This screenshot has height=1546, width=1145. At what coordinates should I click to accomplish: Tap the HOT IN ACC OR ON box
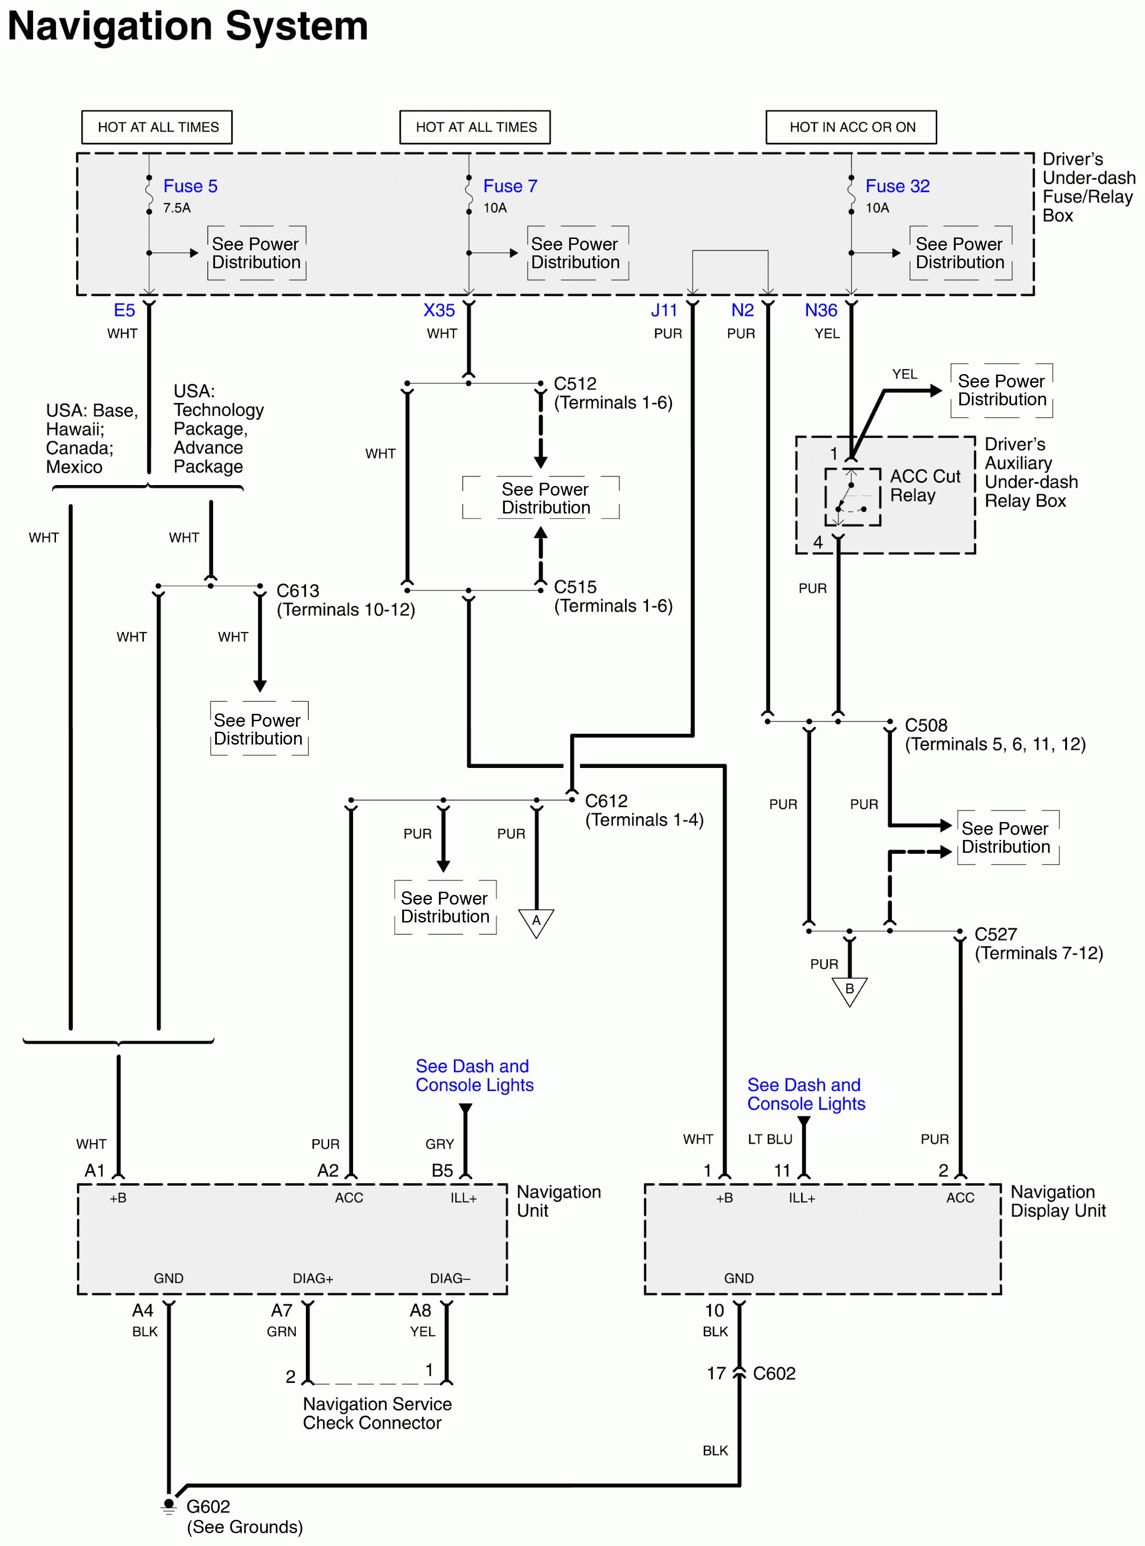coord(851,127)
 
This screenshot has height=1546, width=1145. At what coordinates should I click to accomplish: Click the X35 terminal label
coord(439,310)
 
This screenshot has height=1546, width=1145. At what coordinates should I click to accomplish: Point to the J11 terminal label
coord(664,310)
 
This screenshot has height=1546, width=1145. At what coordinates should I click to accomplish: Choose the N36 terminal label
coord(821,310)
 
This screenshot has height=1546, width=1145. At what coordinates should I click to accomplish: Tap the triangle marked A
coord(536,922)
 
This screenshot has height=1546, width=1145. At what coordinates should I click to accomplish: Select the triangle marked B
coord(849,989)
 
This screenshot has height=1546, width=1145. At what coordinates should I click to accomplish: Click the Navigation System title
coord(187,26)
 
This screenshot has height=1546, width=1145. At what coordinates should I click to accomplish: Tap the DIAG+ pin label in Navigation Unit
coord(313,1278)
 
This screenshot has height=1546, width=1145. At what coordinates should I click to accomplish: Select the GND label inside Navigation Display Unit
coord(738,1278)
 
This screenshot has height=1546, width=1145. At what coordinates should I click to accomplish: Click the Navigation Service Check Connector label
coord(376,1413)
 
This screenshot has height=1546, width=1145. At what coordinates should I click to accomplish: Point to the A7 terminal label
coord(282,1310)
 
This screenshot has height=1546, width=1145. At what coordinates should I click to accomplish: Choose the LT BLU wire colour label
coord(769,1138)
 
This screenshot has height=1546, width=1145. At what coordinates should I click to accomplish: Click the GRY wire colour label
coord(439,1143)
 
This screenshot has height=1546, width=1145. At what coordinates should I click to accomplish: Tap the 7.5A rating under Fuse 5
coord(177,208)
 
